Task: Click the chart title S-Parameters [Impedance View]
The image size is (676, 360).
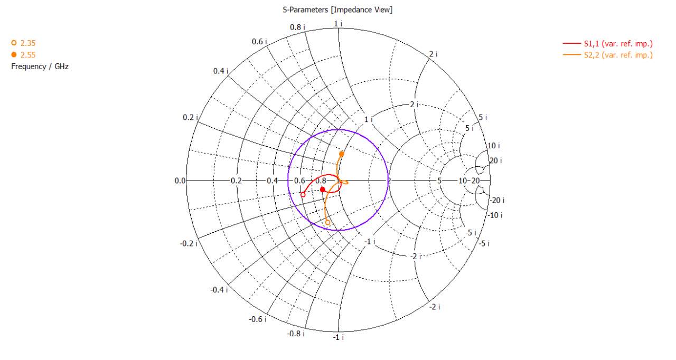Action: click(x=337, y=10)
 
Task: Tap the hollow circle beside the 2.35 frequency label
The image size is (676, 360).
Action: click(x=14, y=43)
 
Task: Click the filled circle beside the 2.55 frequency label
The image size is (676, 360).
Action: click(x=14, y=55)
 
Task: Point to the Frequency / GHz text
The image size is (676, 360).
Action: click(x=40, y=67)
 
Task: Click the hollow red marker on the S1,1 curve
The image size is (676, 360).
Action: click(x=303, y=195)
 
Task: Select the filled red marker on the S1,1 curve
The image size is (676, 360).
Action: click(x=323, y=190)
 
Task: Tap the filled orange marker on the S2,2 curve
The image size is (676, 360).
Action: click(x=342, y=154)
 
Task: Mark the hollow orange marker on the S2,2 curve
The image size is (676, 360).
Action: click(x=327, y=222)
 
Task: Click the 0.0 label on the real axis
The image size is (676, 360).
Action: click(x=180, y=181)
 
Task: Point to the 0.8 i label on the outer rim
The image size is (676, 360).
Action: click(x=296, y=27)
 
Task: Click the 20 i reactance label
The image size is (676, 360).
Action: click(x=495, y=160)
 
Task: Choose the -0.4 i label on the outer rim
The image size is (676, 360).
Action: click(x=218, y=290)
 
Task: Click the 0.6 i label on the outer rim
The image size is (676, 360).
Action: click(x=259, y=41)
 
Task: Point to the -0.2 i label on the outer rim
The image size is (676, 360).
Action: click(x=189, y=243)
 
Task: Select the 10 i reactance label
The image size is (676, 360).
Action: click(x=493, y=146)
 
